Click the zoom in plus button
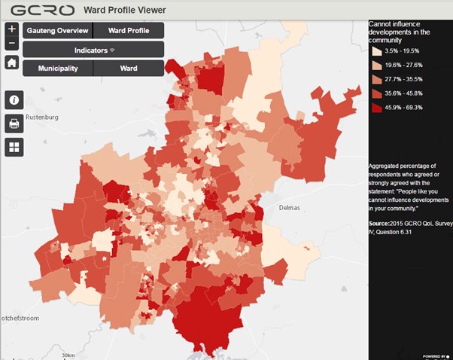pyautogui.click(x=11, y=29)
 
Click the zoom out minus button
pyautogui.click(x=11, y=44)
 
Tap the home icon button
pyautogui.click(x=11, y=63)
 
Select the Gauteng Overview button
pyautogui.click(x=57, y=31)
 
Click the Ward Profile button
pyautogui.click(x=128, y=31)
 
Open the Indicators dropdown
pyautogui.click(x=93, y=50)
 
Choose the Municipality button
pyautogui.click(x=58, y=68)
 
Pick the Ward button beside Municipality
pyautogui.click(x=129, y=68)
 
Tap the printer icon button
pyautogui.click(x=14, y=124)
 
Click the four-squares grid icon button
pyautogui.click(x=14, y=147)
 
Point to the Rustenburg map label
pyautogui.click(x=42, y=117)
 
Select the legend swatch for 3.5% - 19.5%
pyautogui.click(x=375, y=51)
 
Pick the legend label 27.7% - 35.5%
pyautogui.click(x=403, y=80)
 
